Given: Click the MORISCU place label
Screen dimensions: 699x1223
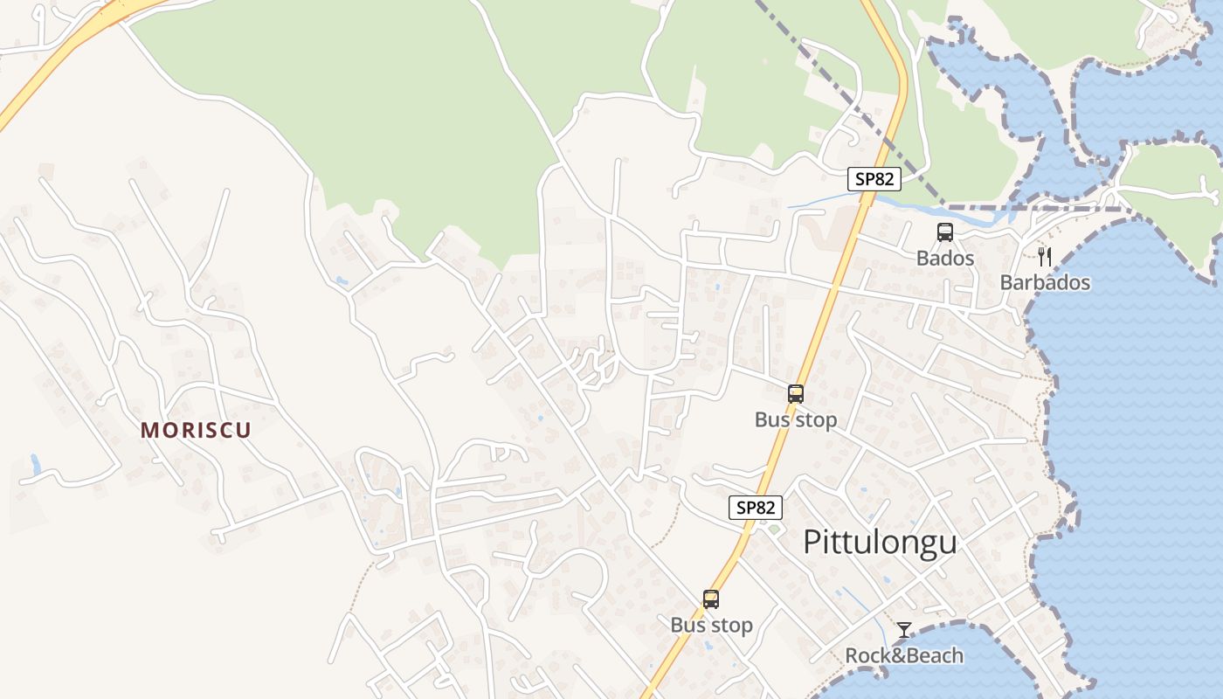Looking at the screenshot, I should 196,430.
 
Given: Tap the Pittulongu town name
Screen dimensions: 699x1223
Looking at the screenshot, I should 880,543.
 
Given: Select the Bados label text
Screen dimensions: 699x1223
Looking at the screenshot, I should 944,259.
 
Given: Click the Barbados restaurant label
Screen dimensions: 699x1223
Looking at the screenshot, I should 1045,283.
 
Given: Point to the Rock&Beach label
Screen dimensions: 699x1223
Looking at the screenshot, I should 904,655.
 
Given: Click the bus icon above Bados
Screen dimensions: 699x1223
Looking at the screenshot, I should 945,232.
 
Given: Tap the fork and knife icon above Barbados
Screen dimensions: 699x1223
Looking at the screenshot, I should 1044,256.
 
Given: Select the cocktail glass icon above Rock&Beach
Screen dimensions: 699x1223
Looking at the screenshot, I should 904,630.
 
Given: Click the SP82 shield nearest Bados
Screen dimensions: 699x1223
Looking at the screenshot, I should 874,179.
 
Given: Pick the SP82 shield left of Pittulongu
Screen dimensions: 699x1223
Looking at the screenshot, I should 756,508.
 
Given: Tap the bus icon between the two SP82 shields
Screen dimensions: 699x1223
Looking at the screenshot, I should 795,394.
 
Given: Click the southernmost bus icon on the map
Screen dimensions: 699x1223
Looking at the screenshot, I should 711,599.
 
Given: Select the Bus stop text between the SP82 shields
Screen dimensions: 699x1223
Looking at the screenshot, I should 795,420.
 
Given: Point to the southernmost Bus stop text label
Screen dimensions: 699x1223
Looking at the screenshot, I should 711,626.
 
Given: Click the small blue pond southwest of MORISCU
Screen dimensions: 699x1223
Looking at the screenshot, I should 35,462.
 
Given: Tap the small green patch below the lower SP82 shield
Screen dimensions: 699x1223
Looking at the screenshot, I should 773,529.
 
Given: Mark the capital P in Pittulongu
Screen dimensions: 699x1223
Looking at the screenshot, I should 812,543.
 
